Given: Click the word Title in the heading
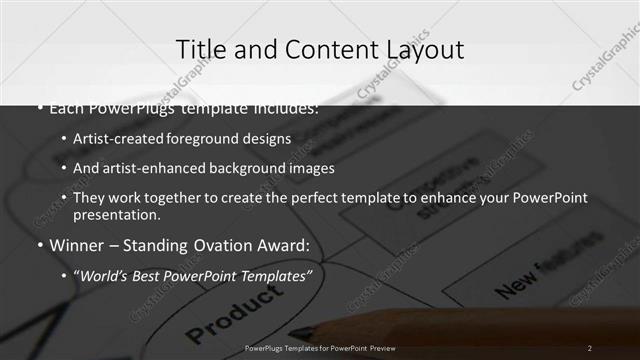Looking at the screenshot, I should pos(198,49).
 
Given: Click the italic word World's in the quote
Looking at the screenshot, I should pos(104,274).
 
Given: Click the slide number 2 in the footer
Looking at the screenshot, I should pos(590,348).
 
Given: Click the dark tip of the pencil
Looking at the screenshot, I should pos(297,332).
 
